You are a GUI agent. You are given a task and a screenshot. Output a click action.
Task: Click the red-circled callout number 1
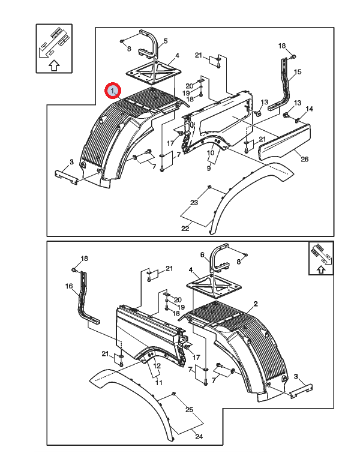pyautogui.click(x=112, y=91)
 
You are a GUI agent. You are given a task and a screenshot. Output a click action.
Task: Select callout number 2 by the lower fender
pyautogui.click(x=256, y=304)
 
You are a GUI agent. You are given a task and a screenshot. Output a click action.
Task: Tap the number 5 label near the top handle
pyautogui.click(x=166, y=41)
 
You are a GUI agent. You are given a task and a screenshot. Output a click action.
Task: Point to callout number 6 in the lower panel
pyautogui.click(x=202, y=254)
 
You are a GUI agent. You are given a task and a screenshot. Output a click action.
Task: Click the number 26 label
pyautogui.click(x=304, y=159)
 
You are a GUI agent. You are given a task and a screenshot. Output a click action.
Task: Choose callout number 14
pyautogui.click(x=309, y=109)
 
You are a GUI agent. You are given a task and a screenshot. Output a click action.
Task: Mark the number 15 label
pyautogui.click(x=298, y=71)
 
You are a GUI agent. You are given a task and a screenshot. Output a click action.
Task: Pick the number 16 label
pyautogui.click(x=69, y=286)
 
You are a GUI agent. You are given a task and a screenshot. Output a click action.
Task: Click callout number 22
pyautogui.click(x=185, y=229)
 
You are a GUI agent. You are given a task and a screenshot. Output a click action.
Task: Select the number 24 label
pyautogui.click(x=199, y=437)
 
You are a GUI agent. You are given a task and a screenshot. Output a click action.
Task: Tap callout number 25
pyautogui.click(x=189, y=410)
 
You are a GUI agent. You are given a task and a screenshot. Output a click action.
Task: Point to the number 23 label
pyautogui.click(x=194, y=203)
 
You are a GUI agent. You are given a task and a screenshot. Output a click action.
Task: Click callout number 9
pyautogui.click(x=209, y=169)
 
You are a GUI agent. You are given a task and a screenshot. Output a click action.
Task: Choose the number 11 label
pyautogui.click(x=159, y=382)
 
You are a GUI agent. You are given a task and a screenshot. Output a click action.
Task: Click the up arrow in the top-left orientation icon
pyautogui.click(x=54, y=65)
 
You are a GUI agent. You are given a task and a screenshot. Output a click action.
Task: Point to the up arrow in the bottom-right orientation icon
pyautogui.click(x=320, y=269)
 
